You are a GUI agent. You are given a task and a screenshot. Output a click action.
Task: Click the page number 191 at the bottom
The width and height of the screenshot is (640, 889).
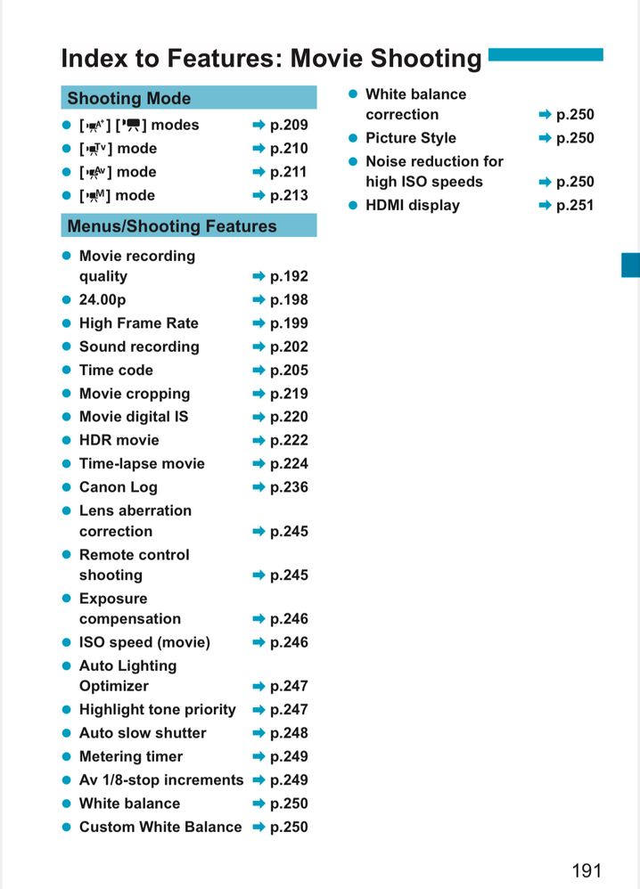pyautogui.click(x=587, y=869)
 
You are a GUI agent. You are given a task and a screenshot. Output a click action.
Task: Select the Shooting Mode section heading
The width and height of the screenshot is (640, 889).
pyautogui.click(x=129, y=98)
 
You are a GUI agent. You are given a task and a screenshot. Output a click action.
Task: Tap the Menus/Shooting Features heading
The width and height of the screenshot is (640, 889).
pyautogui.click(x=172, y=226)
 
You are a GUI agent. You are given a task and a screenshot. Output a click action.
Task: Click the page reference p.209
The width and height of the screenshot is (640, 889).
pyautogui.click(x=289, y=126)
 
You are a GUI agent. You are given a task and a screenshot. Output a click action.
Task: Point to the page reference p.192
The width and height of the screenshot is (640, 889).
pyautogui.click(x=289, y=277)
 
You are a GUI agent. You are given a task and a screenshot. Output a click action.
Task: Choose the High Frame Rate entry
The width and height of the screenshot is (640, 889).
pyautogui.click(x=138, y=323)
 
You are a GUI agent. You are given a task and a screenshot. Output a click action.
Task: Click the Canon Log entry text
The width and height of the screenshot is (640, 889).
pyautogui.click(x=118, y=487)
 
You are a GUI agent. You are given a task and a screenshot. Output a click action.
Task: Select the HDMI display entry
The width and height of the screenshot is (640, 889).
pyautogui.click(x=413, y=206)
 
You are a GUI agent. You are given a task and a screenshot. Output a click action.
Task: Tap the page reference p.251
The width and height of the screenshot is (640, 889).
pyautogui.click(x=575, y=206)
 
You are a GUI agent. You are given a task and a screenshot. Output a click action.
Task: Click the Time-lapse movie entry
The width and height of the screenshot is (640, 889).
pyautogui.click(x=142, y=464)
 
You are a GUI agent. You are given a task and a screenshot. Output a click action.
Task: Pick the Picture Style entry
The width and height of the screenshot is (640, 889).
pyautogui.click(x=411, y=138)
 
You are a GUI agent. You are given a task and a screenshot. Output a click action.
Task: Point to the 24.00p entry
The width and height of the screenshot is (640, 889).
pyautogui.click(x=103, y=300)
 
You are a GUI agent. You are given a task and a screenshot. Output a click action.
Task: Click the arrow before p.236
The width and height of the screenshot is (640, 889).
pyautogui.click(x=258, y=487)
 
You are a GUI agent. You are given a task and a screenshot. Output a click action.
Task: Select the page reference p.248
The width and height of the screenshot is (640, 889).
pyautogui.click(x=289, y=733)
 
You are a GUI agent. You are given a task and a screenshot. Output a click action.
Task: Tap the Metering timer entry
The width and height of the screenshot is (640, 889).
pyautogui.click(x=131, y=757)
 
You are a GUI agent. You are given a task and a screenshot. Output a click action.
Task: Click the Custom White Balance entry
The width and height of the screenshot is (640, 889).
pyautogui.click(x=160, y=828)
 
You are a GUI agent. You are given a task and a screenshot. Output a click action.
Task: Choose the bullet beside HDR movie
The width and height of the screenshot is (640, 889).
pyautogui.click(x=66, y=440)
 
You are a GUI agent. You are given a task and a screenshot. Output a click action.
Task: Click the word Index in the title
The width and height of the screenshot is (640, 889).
pyautogui.click(x=92, y=59)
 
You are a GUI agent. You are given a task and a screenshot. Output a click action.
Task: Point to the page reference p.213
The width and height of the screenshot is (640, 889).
pyautogui.click(x=289, y=196)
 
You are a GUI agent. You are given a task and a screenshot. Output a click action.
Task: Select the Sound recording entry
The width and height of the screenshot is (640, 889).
pyautogui.click(x=139, y=347)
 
